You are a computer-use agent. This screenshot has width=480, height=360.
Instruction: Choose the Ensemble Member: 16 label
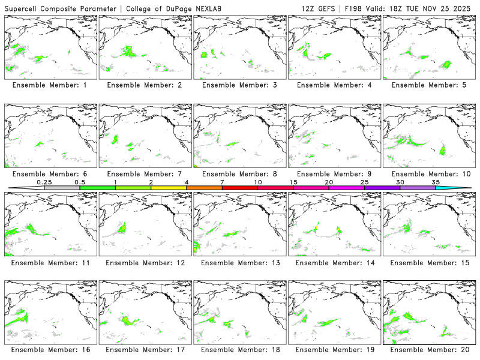click(50, 349)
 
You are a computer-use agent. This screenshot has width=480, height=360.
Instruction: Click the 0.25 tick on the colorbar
click(44, 182)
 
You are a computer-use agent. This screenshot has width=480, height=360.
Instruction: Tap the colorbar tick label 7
click(222, 182)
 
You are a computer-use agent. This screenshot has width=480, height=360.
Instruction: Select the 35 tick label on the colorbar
click(436, 182)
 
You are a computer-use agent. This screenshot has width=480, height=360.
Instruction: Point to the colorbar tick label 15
click(293, 182)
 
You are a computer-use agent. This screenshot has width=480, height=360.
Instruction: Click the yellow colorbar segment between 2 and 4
click(169, 188)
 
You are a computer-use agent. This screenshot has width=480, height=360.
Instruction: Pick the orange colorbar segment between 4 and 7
click(204, 188)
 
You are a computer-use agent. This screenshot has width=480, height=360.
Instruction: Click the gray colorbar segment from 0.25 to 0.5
click(62, 188)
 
